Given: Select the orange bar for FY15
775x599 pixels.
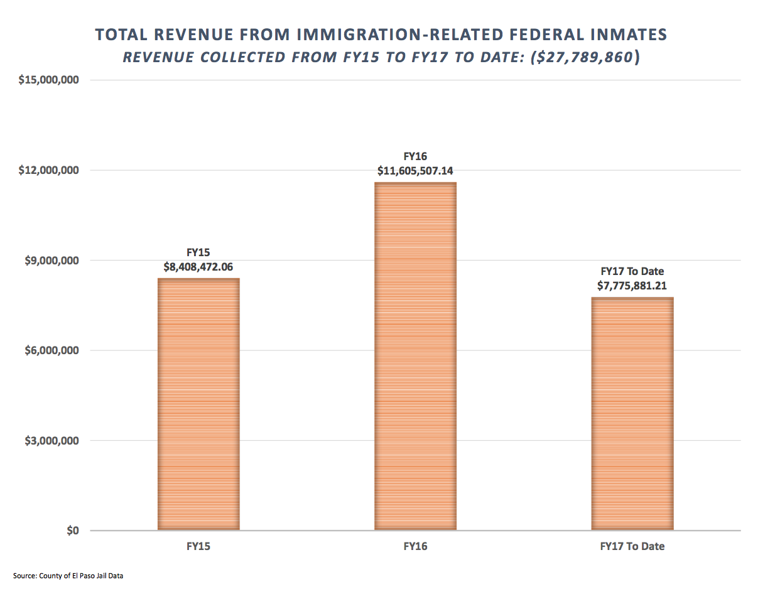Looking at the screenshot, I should (x=198, y=404).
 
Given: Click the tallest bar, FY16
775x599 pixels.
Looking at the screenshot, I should (x=415, y=356).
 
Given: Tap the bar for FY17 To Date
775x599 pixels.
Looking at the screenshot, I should (x=632, y=414).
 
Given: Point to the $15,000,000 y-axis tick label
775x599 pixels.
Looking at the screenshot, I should (x=49, y=80).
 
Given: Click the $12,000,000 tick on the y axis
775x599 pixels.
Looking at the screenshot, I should (x=49, y=170).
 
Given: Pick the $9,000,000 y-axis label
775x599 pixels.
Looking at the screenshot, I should (x=52, y=261).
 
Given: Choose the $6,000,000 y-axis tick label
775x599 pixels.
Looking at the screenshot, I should (x=52, y=350).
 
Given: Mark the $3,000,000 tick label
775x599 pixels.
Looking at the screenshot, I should (x=52, y=441).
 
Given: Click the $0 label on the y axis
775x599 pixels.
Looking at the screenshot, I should (x=73, y=531).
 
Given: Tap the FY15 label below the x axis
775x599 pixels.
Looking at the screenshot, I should (x=198, y=546).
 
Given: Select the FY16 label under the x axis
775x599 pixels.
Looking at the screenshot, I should (x=415, y=546).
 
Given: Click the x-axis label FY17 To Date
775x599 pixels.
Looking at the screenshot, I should (x=632, y=546).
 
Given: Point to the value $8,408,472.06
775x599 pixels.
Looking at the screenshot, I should (x=198, y=267).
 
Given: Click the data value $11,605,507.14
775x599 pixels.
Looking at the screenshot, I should (x=415, y=171).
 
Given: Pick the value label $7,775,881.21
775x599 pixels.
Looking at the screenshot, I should (x=632, y=286).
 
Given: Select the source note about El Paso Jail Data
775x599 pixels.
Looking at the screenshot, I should (x=68, y=576).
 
